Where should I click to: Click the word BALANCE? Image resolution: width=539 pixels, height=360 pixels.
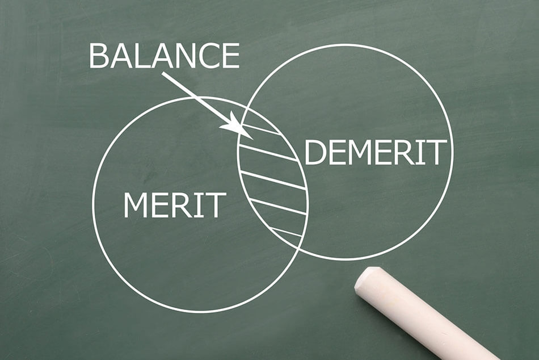pyautogui.click(x=165, y=56)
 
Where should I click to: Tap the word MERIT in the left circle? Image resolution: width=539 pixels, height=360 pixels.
pyautogui.click(x=175, y=205)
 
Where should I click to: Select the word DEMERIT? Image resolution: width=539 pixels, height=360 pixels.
pyautogui.click(x=376, y=152)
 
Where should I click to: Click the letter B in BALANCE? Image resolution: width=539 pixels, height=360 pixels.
pyautogui.click(x=98, y=56)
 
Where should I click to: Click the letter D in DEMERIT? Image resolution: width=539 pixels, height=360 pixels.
pyautogui.click(x=315, y=152)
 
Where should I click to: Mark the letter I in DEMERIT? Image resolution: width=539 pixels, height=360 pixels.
pyautogui.click(x=422, y=152)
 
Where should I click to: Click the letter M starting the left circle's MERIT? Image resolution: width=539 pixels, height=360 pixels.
pyautogui.click(x=136, y=205)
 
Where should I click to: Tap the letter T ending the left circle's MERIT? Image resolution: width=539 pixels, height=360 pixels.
pyautogui.click(x=217, y=205)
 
